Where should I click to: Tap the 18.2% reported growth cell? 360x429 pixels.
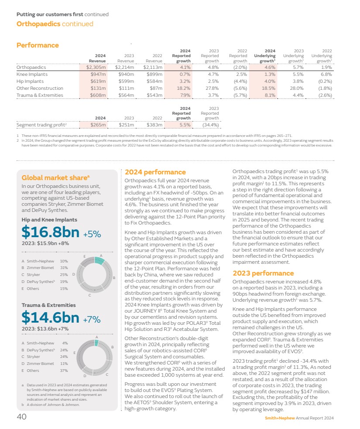click(x=185, y=88)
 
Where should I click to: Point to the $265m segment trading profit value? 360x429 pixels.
click(x=98, y=125)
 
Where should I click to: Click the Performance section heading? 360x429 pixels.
click(x=38, y=45)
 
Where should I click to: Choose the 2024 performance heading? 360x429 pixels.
click(x=155, y=172)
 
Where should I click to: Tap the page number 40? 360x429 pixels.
click(x=21, y=417)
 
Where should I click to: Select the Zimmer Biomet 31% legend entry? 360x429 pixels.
click(x=45, y=267)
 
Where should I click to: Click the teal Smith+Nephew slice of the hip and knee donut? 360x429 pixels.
click(x=99, y=260)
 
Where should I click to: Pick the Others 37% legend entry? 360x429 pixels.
click(x=45, y=371)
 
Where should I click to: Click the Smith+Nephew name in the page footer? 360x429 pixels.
click(x=280, y=418)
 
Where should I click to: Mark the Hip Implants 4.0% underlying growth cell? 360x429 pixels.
click(x=271, y=81)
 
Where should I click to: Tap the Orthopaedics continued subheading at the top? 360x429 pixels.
click(x=55, y=24)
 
